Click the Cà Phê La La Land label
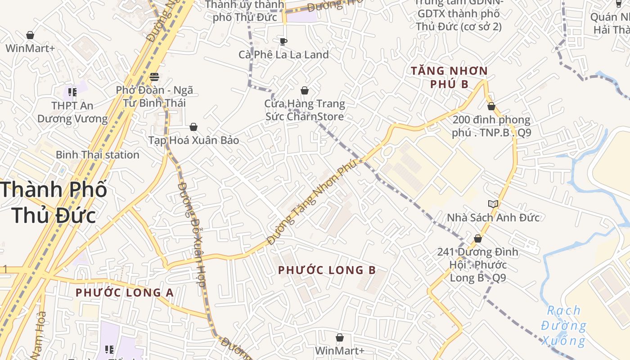pos(283,54)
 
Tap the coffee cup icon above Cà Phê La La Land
pos(283,41)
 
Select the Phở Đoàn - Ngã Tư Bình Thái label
pos(154,96)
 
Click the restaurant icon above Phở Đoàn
pos(154,76)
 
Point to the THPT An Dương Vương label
pos(72,112)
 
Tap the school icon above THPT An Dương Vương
pos(72,92)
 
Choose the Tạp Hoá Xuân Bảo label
pos(193,140)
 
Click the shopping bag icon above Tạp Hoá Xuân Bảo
pos(193,127)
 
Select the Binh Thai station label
pos(97,155)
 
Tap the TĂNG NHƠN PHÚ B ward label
pos(449,77)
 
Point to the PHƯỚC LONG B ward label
pos(327,270)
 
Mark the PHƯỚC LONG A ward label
pos(124,292)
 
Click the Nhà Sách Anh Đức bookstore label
pos(493,218)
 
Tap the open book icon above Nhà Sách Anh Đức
pos(493,204)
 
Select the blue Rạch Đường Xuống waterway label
pos(563,325)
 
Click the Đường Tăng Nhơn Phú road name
pos(312,203)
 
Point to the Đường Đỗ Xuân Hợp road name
pos(192,234)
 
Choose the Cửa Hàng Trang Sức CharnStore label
pos(304,110)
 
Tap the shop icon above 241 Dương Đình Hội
pos(478,238)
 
